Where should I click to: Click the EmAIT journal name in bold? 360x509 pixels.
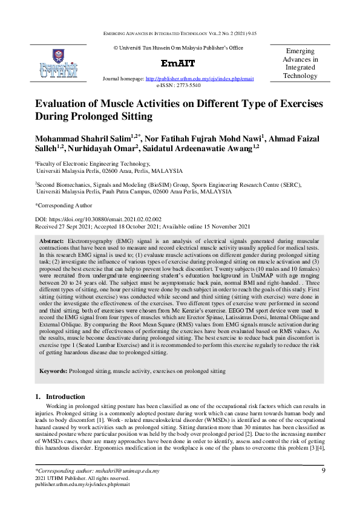177,63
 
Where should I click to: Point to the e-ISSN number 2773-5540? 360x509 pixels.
186,85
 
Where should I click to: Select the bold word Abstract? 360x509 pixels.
53,240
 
